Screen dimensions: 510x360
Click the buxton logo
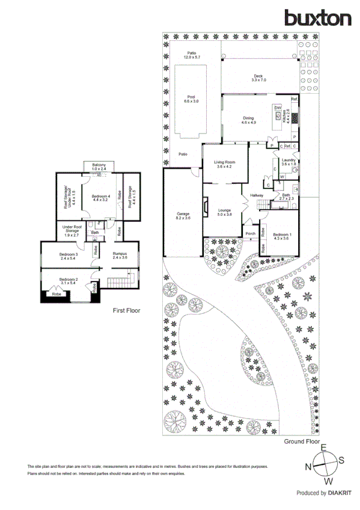tap(318, 18)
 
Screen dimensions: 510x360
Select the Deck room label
tap(258, 78)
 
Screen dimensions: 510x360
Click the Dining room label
tap(249, 120)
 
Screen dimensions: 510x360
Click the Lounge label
tap(224, 211)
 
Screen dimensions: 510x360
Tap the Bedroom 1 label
tap(282, 236)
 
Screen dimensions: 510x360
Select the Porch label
tap(250, 235)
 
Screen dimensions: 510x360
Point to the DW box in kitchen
tap(278, 108)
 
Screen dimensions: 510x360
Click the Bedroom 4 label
tap(100, 198)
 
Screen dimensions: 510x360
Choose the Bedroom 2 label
tap(69, 280)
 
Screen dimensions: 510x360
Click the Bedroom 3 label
tap(69, 256)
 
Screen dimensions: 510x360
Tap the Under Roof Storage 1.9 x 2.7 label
tap(72, 231)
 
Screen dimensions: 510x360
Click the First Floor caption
tap(127, 311)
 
